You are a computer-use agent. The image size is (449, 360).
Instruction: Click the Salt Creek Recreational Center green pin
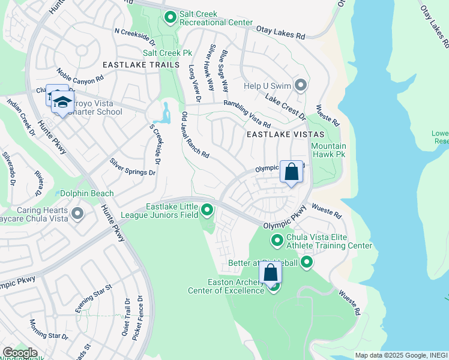pos(170,17)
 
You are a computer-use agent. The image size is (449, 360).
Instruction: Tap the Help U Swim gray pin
pos(301,85)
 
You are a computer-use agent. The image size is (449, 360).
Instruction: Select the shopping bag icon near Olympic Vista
pos(291,172)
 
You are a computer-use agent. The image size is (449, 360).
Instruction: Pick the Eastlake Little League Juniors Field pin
pos(207,210)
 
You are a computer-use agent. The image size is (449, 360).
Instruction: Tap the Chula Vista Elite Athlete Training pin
pos(277,241)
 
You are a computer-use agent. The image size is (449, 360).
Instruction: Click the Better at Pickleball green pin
pos(307,262)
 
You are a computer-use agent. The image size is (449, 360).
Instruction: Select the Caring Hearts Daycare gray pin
pos(77,214)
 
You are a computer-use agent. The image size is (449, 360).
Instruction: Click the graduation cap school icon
pos(62,103)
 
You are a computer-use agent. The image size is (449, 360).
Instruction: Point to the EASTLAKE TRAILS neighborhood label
pos(140,65)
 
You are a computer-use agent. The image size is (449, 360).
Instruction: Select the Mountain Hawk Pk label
pos(328,150)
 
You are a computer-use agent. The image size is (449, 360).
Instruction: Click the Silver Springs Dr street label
pos(132,167)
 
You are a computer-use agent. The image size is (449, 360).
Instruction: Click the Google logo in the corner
pos(19,353)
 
